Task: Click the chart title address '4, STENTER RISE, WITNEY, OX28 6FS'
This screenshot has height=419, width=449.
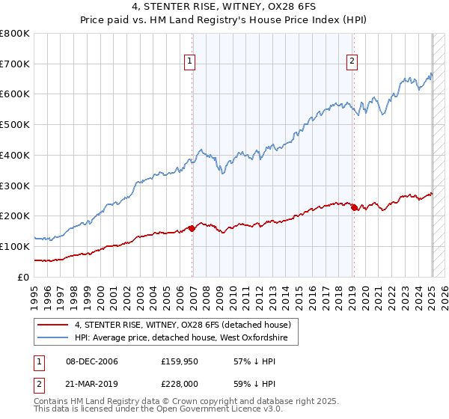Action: point(224,10)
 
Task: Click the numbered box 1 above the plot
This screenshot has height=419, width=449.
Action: point(190,62)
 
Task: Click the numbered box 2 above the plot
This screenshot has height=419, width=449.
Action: point(352,62)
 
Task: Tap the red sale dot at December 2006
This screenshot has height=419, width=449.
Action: point(192,228)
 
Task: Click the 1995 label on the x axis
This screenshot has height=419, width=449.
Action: point(35,296)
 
